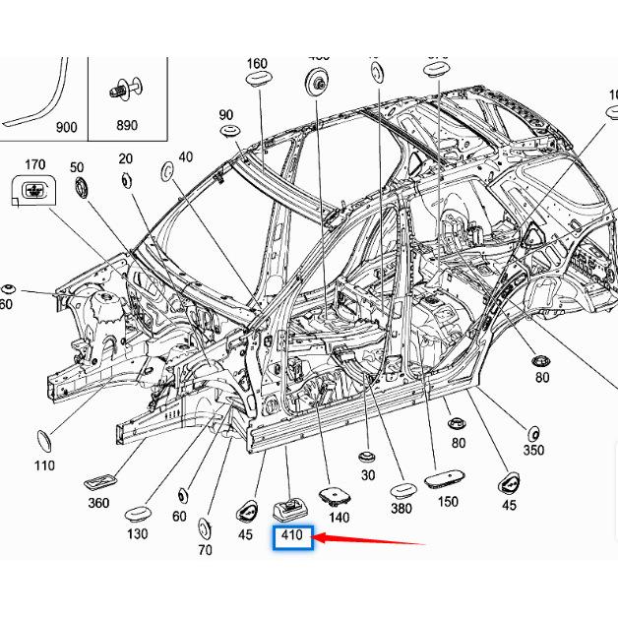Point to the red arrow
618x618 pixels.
tap(370, 539)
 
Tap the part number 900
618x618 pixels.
tap(66, 127)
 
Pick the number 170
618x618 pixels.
tap(34, 164)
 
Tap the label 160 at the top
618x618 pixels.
tap(256, 64)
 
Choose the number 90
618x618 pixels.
tap(226, 114)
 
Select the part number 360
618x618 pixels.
tap(97, 503)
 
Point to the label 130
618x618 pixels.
tap(137, 533)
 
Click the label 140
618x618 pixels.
tap(339, 517)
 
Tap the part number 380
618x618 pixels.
tap(401, 509)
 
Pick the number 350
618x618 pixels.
tap(532, 451)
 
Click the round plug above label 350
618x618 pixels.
tap(532, 432)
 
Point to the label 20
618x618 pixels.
tap(125, 158)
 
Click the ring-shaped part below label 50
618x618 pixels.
tap(81, 187)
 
